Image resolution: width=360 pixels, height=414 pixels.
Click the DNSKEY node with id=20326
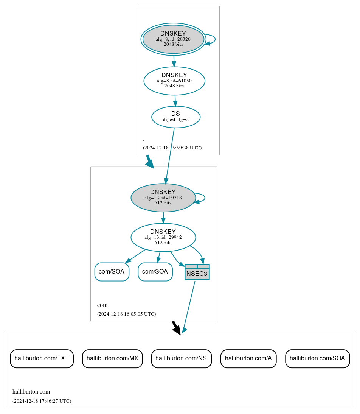pos(173,39)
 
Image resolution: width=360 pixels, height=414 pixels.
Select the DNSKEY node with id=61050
pos(174,81)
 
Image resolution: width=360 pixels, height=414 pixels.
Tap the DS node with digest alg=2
pos(175,117)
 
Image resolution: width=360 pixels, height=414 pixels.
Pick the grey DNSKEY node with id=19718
pos(163,198)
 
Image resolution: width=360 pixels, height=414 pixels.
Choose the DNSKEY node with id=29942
pos(163,237)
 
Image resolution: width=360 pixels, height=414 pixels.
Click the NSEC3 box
pos(197,272)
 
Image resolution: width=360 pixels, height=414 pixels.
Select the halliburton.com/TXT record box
pos(42,358)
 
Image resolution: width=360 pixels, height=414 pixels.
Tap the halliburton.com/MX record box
pos(112,358)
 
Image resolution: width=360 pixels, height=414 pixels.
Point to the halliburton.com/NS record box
pos(181,358)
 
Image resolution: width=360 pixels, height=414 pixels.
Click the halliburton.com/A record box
pos(248,358)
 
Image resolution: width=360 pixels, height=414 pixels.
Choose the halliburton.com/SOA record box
pos(317,358)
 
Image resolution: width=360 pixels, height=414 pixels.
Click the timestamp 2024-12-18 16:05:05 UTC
pos(126,314)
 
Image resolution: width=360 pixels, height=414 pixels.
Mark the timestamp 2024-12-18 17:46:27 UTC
pos(42,401)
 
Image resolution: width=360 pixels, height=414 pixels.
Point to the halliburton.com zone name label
pos(31,391)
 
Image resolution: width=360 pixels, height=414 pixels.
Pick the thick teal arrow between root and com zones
pos(150,162)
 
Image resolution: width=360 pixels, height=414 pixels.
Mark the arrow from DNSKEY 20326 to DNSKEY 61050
pos(174,61)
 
